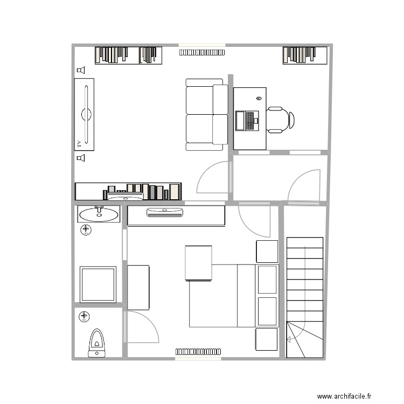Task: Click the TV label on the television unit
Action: point(79,144)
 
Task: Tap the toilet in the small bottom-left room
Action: point(97,342)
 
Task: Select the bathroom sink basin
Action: point(99,214)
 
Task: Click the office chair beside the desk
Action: point(280,120)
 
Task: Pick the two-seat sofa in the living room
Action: point(207,114)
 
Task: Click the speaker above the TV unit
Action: point(81,70)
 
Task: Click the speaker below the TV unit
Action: point(81,158)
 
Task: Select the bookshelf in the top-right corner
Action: point(305,55)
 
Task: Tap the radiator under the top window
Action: point(203,52)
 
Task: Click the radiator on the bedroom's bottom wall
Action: point(198,351)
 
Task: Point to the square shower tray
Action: point(98,284)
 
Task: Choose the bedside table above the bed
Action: point(267,252)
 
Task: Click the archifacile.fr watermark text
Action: point(345,396)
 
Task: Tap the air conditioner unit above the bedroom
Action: point(165,213)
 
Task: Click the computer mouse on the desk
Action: point(259,99)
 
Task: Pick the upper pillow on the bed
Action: point(267,278)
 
